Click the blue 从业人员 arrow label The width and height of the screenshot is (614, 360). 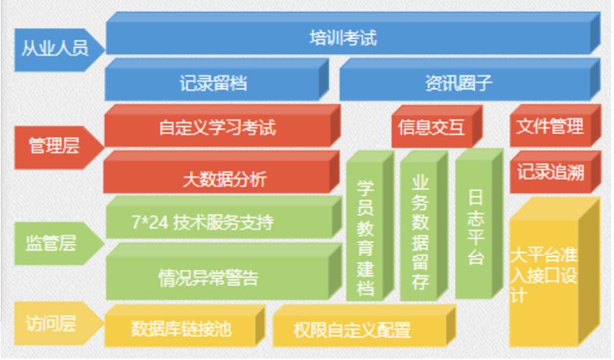point(59,49)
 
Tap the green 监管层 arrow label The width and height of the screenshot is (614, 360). point(59,243)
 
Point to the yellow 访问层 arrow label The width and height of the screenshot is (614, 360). point(59,323)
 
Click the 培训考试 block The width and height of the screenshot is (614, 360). point(353,33)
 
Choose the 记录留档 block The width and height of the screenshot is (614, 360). point(217,79)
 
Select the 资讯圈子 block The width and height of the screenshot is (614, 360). point(470,79)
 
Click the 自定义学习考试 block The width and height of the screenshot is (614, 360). point(223,126)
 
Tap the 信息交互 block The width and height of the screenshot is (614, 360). point(436,126)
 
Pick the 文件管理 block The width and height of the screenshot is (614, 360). point(555,126)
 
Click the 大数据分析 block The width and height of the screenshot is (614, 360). point(222,172)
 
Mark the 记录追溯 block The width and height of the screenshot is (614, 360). point(555,172)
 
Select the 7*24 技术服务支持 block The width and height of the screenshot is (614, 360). point(224,217)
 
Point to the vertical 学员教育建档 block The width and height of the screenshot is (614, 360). point(370,226)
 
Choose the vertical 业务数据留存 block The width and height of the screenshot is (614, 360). point(424,226)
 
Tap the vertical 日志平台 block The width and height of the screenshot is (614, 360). point(479,223)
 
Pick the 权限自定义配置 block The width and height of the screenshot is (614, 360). point(364,326)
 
